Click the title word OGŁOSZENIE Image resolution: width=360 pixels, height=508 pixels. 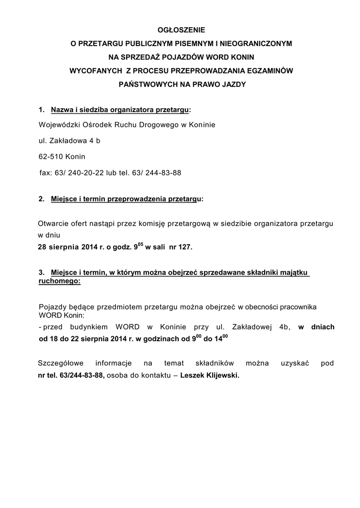pos(181,30)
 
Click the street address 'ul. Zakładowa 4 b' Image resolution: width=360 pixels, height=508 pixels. pos(70,141)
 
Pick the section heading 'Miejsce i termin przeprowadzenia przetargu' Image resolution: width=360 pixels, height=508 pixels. pos(126,199)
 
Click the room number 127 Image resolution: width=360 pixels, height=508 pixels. pos(184,247)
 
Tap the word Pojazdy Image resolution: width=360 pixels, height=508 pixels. pos(52,308)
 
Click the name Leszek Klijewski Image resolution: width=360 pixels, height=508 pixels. pos(209,376)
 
